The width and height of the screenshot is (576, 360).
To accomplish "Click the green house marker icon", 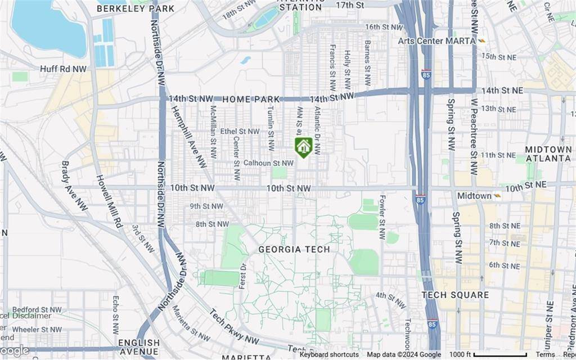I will [x=303, y=147].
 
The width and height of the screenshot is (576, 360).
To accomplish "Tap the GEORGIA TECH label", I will [x=294, y=249].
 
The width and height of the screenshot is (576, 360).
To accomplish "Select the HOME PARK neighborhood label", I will [x=251, y=99].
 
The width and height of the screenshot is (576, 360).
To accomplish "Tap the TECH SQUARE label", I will [x=456, y=295].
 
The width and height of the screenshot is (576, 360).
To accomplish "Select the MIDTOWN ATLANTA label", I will [x=548, y=154].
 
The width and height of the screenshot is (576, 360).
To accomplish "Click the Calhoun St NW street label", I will [x=268, y=163].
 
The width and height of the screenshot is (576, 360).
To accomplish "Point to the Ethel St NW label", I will [x=240, y=131].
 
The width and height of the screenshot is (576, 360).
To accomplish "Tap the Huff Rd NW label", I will [x=64, y=69].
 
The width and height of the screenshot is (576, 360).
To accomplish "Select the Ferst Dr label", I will [x=242, y=276].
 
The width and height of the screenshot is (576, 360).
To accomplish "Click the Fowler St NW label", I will [x=382, y=217].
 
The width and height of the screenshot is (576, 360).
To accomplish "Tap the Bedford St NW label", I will [x=37, y=309].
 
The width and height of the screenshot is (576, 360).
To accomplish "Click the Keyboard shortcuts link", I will [x=329, y=354].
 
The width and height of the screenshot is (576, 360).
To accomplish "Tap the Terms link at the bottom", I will [x=544, y=354].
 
